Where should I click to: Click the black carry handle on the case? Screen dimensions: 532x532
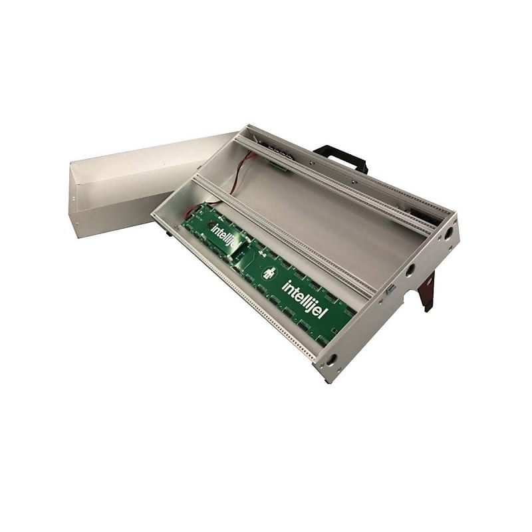click(342, 158)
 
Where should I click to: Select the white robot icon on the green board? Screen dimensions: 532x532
click(269, 273)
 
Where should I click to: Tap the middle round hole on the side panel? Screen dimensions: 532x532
click(409, 270)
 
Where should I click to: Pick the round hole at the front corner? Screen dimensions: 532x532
click(331, 359)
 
